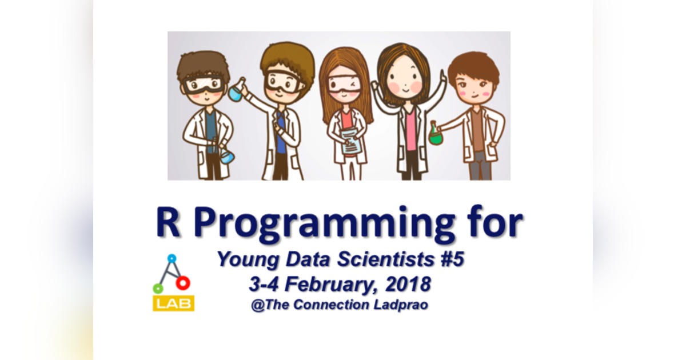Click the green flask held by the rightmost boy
pos(436,135)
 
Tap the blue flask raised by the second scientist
pos(236,91)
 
